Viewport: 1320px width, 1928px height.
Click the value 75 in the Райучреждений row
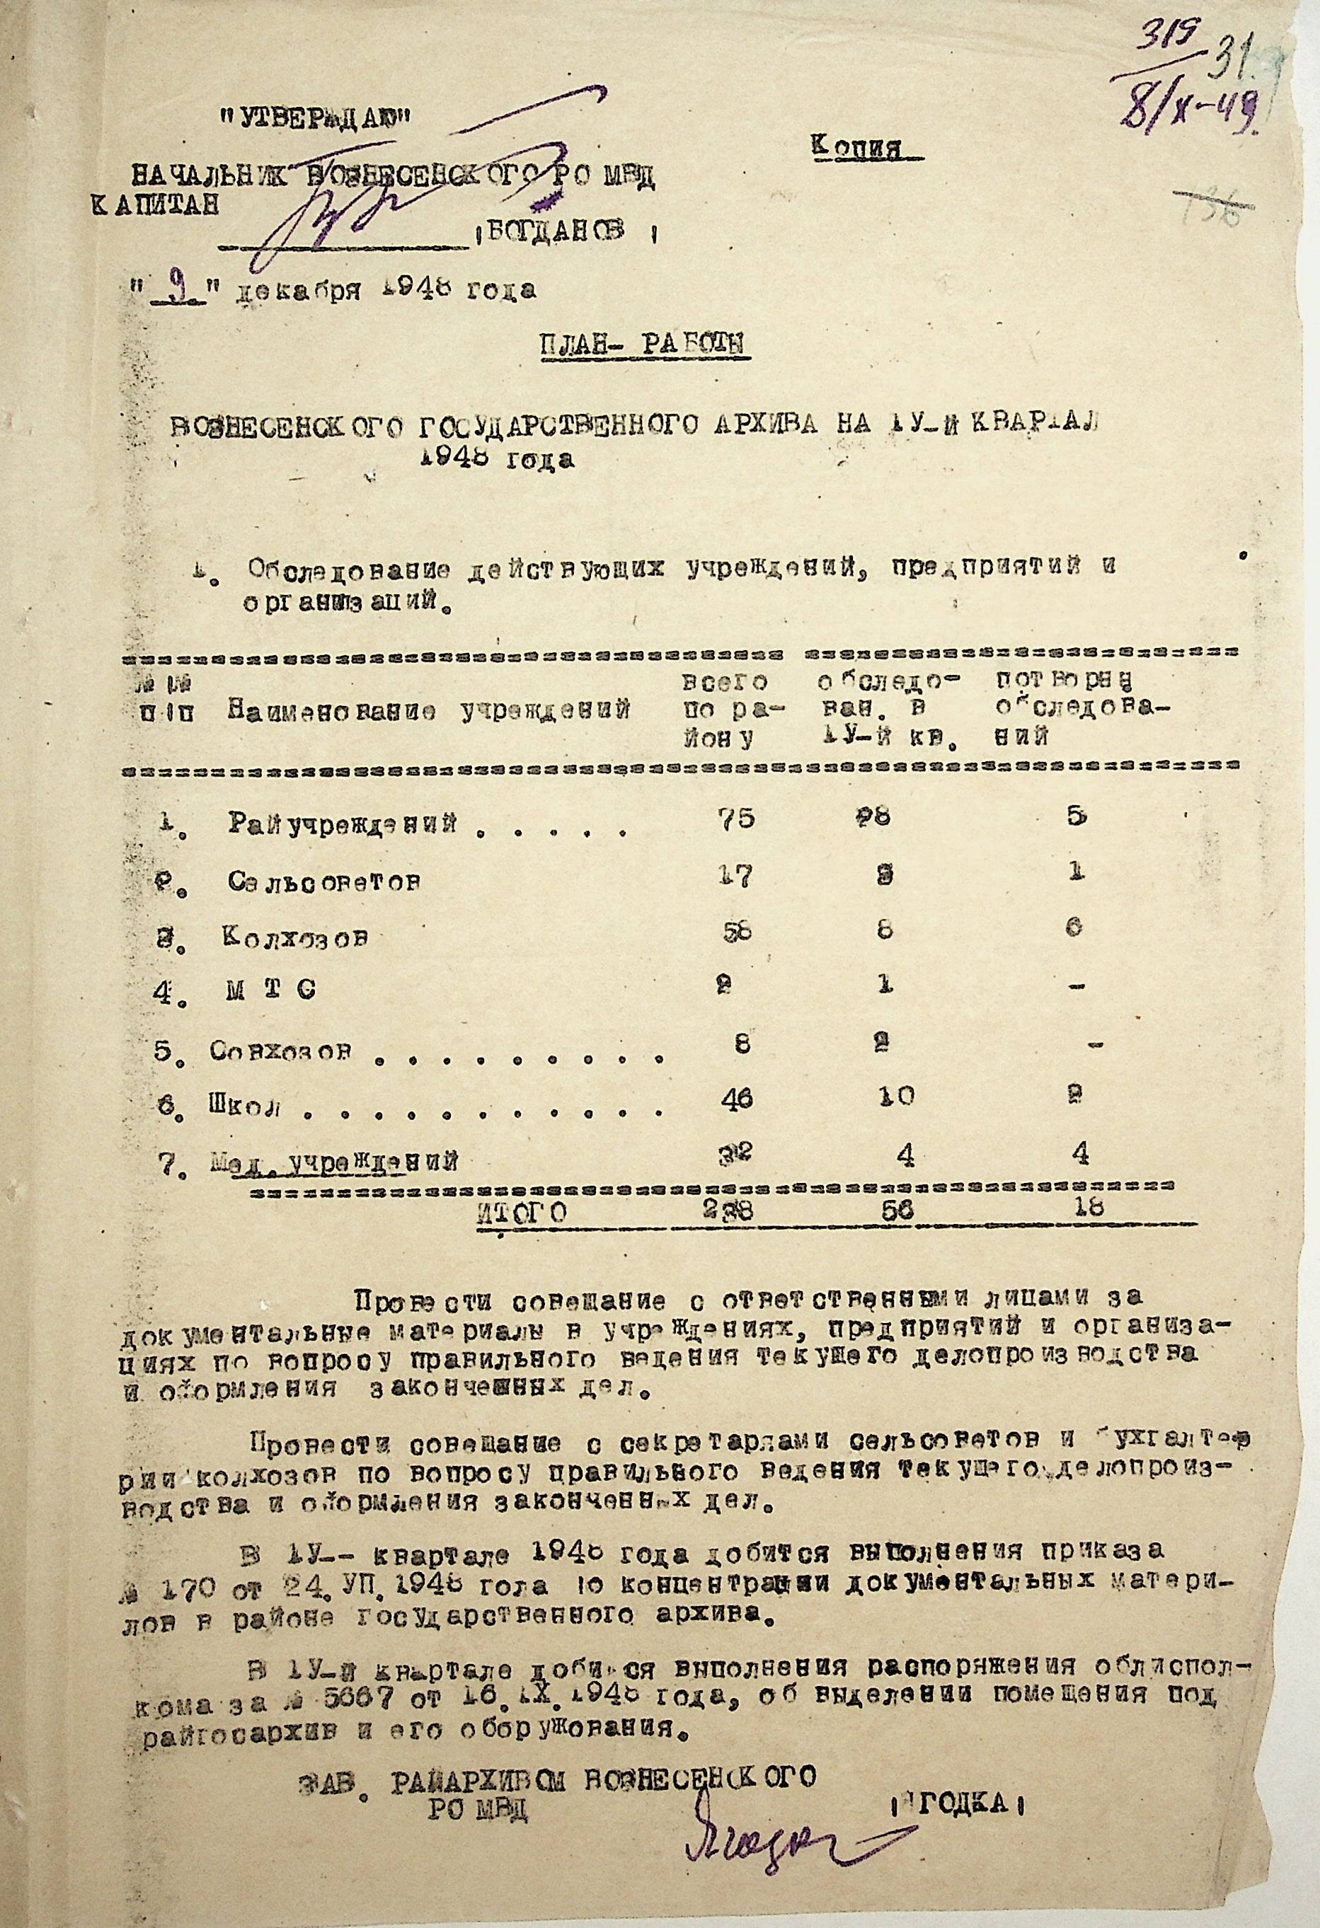[x=737, y=819]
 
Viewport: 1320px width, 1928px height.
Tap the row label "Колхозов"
[x=294, y=937]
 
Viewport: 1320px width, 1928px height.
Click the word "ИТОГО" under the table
[x=522, y=1213]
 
